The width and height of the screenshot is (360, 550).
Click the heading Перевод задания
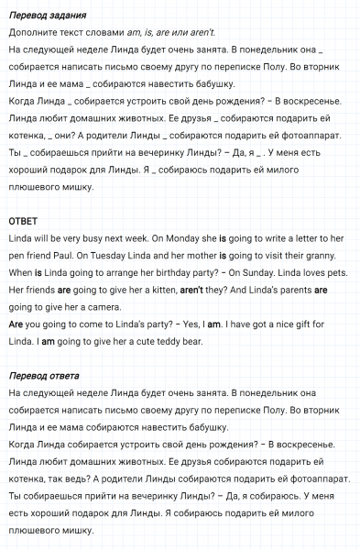tap(48, 16)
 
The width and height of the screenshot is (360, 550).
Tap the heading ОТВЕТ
tap(22, 222)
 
